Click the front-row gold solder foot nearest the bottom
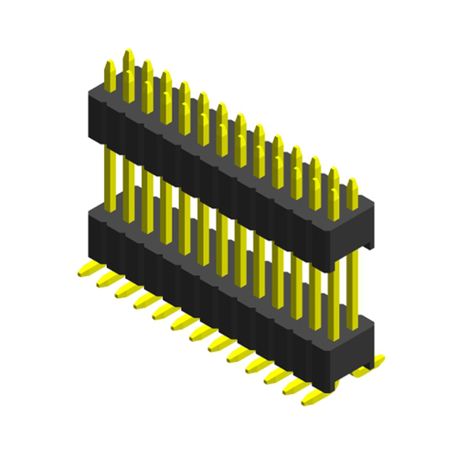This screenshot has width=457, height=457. [316, 398]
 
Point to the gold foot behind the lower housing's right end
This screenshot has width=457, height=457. [375, 361]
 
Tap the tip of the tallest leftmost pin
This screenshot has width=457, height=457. [128, 53]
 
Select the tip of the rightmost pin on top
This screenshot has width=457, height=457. [352, 184]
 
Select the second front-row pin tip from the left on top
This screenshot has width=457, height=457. [129, 76]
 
